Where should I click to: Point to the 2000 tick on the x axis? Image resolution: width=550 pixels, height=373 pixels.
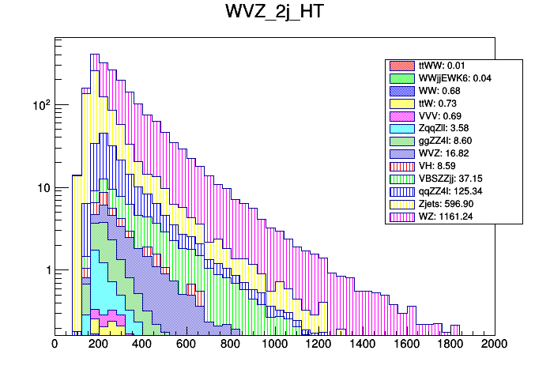[495, 344]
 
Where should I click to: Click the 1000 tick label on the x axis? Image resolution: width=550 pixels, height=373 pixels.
[274, 344]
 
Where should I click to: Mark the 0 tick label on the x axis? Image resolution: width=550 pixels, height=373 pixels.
[55, 344]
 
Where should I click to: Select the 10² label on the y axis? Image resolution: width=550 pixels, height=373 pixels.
[39, 104]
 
